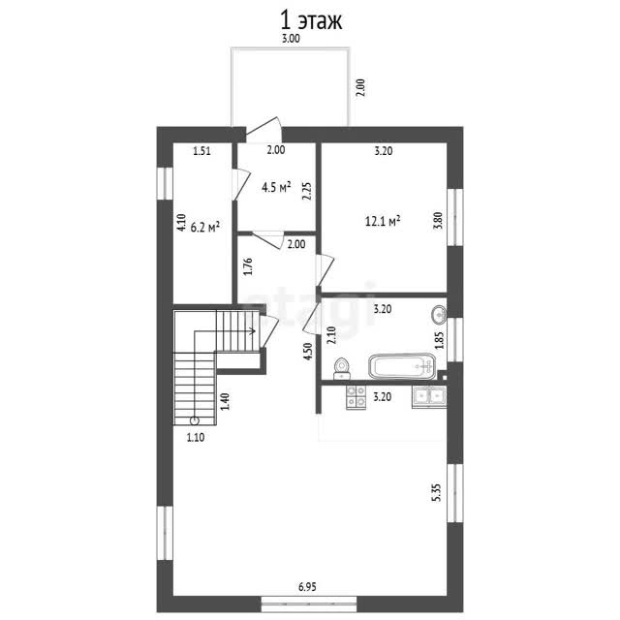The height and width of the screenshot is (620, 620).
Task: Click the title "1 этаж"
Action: [311, 21]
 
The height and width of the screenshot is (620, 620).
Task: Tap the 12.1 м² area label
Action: [383, 221]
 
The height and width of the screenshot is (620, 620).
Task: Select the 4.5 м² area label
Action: [276, 187]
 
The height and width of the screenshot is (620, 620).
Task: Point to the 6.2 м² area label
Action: [205, 227]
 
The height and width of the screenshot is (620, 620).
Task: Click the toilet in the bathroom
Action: [341, 368]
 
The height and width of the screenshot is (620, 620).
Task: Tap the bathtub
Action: [403, 366]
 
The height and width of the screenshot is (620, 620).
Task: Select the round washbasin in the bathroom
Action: [439, 315]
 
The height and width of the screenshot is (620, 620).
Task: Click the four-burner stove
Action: [356, 396]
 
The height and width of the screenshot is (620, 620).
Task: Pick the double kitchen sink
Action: [429, 396]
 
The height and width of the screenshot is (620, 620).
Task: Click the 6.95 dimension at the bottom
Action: [307, 587]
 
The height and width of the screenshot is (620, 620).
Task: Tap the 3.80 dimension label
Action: [438, 221]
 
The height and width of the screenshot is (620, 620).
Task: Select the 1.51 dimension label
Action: [201, 151]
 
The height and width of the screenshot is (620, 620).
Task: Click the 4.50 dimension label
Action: [308, 351]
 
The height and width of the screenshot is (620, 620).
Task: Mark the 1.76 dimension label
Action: [248, 266]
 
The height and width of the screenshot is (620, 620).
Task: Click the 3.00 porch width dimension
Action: [291, 39]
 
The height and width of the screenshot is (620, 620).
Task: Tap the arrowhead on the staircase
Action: [252, 330]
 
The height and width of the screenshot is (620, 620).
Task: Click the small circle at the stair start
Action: [194, 420]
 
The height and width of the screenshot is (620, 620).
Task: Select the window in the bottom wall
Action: [309, 604]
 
